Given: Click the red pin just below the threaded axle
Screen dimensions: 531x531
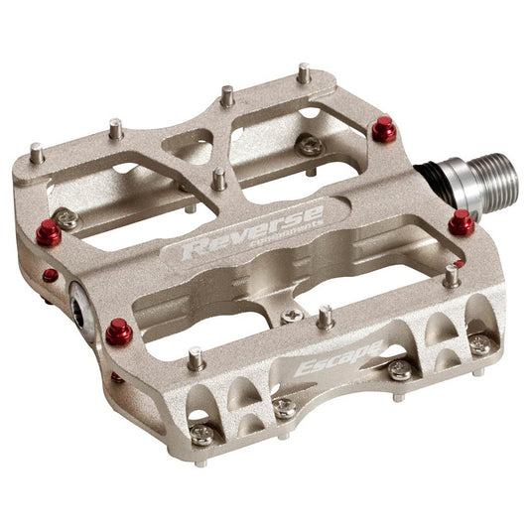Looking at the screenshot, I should pyautogui.click(x=461, y=222).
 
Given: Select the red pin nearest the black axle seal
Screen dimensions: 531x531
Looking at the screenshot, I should pyautogui.click(x=383, y=129).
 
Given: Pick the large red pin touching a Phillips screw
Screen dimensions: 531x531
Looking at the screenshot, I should pyautogui.click(x=48, y=233).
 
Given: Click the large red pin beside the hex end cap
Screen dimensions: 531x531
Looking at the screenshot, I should pyautogui.click(x=120, y=331).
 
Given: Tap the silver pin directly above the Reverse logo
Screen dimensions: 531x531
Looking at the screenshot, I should pyautogui.click(x=218, y=180).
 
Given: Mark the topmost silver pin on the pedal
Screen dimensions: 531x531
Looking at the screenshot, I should pyautogui.click(x=303, y=73).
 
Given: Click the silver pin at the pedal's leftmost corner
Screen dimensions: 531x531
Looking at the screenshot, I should pyautogui.click(x=37, y=154).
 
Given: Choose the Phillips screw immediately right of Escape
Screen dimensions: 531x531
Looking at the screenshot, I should pyautogui.click(x=400, y=370).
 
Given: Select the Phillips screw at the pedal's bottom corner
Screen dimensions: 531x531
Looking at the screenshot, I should pyautogui.click(x=202, y=435).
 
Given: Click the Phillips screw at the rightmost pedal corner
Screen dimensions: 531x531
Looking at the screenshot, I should pyautogui.click(x=480, y=344).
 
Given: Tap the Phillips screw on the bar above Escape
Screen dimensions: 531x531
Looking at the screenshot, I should pyautogui.click(x=292, y=317).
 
